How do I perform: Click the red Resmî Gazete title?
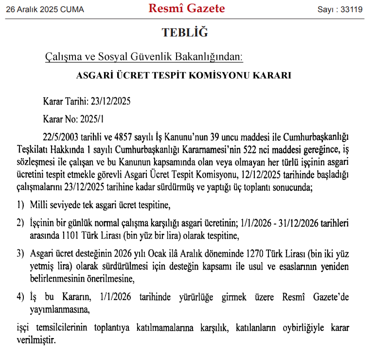coord(187,8)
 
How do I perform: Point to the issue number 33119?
coord(352,9)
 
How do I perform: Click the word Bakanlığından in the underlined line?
coord(214,57)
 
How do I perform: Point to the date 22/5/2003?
coord(60,136)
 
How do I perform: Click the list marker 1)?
coord(20,205)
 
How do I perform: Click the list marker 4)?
coord(20,296)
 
